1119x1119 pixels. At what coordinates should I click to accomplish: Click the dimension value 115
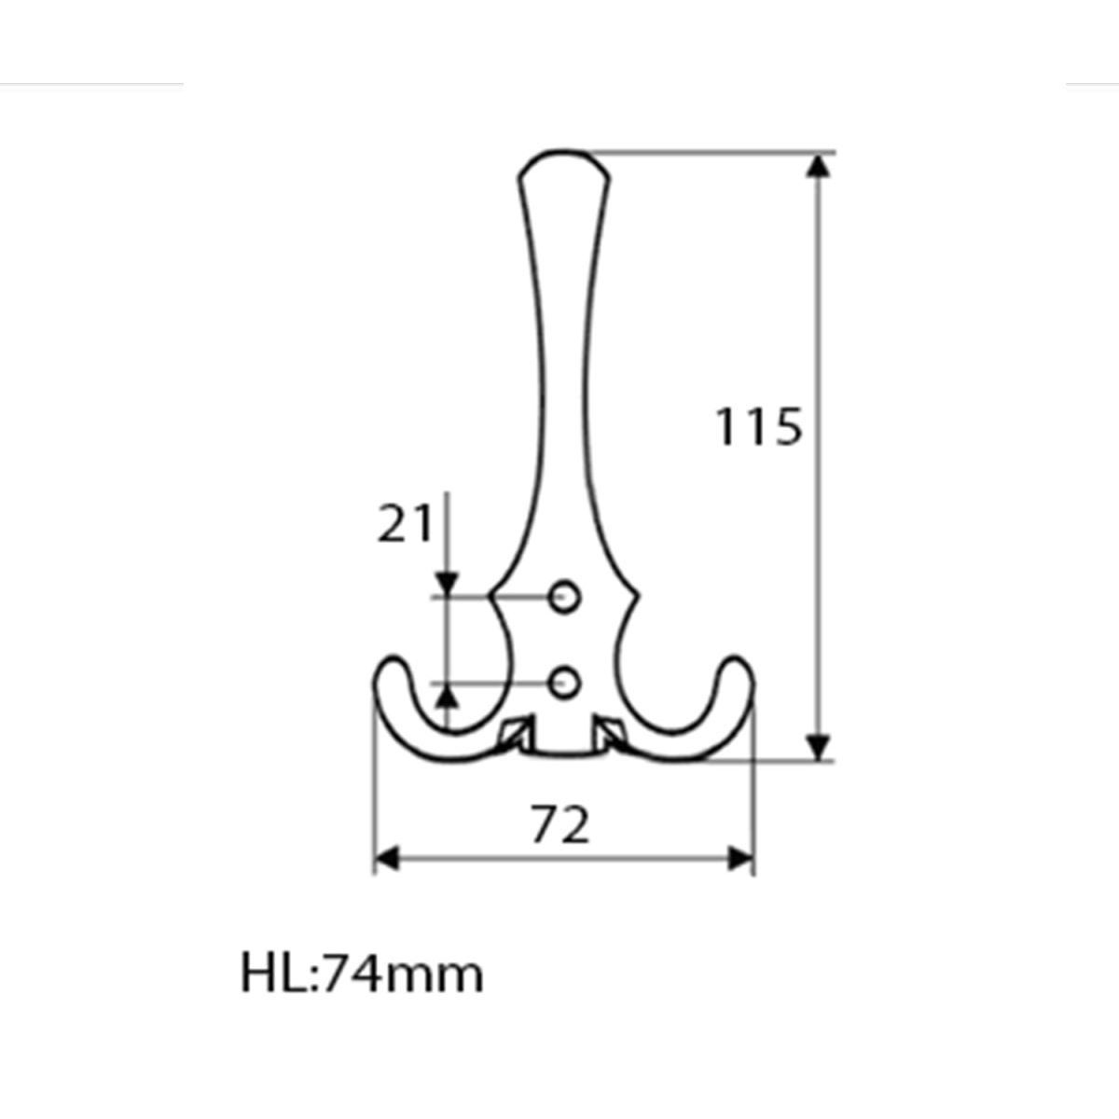758,427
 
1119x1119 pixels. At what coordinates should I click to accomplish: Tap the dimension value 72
560,824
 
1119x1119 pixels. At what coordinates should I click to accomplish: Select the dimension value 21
405,523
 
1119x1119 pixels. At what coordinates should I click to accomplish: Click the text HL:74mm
362,974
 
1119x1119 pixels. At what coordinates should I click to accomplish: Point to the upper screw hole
564,597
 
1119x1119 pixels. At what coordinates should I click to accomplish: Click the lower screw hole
564,683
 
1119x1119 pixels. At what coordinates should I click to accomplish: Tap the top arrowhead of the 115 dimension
818,166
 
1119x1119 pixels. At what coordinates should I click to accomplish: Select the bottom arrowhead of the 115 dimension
818,747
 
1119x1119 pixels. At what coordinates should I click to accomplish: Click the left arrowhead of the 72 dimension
387,859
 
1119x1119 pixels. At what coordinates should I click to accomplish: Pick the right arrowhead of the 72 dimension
740,859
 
